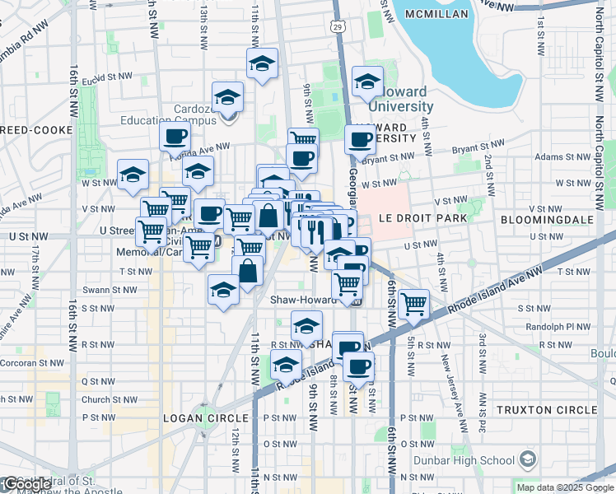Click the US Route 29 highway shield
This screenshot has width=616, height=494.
pos(338,28)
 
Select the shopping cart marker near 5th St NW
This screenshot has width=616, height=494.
pos(413,304)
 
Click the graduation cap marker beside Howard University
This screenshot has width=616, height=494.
pos(367,82)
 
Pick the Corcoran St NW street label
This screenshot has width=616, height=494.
pos(32,362)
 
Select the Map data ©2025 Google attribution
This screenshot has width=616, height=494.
pos(564,487)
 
